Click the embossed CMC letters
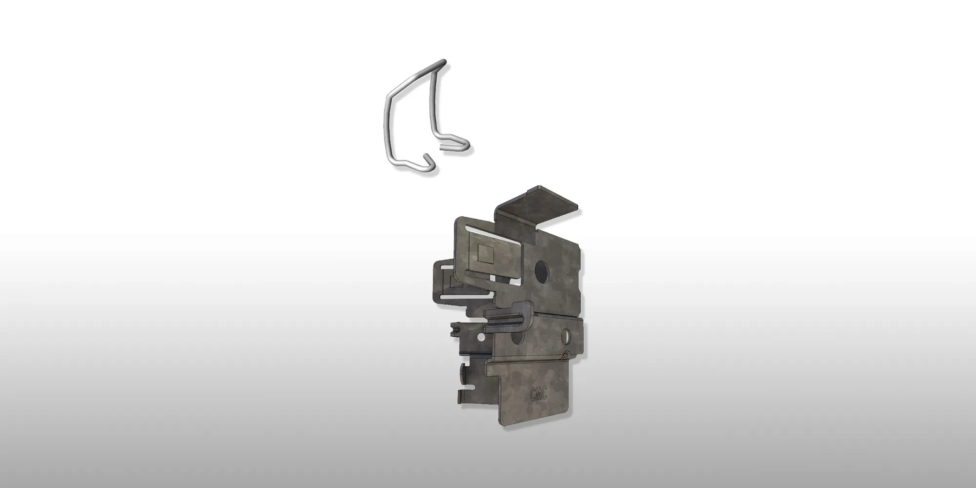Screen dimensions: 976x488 (538, 394)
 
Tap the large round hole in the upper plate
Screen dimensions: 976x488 (542, 271)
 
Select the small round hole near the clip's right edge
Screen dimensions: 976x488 (567, 335)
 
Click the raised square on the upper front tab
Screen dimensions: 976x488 (485, 253)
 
